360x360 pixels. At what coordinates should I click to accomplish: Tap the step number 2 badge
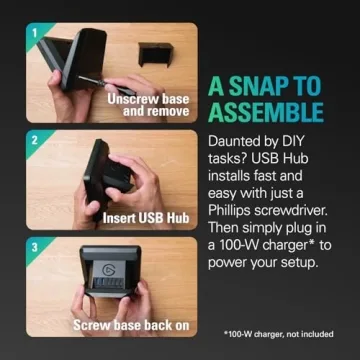pyautogui.click(x=34, y=140)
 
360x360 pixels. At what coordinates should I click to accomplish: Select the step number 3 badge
pyautogui.click(x=34, y=248)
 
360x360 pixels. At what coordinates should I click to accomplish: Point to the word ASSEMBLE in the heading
pyautogui.click(x=266, y=111)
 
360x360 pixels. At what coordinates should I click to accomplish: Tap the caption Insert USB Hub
pyautogui.click(x=146, y=218)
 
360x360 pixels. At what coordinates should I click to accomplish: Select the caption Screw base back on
pyautogui.click(x=131, y=326)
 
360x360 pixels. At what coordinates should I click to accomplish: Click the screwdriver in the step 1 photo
pyautogui.click(x=106, y=83)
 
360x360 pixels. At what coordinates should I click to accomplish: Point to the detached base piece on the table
pyautogui.click(x=156, y=54)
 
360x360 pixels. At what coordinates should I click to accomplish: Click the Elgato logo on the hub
pyautogui.click(x=109, y=269)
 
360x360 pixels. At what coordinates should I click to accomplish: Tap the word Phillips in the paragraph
pyautogui.click(x=230, y=210)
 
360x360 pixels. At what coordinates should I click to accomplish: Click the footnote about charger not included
pyautogui.click(x=279, y=334)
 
